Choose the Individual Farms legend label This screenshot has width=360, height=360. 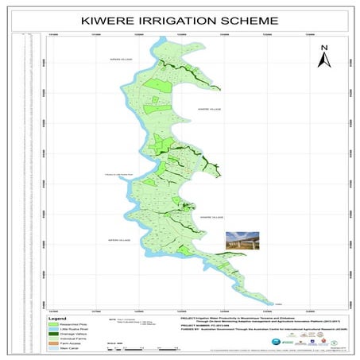(72, 336)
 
